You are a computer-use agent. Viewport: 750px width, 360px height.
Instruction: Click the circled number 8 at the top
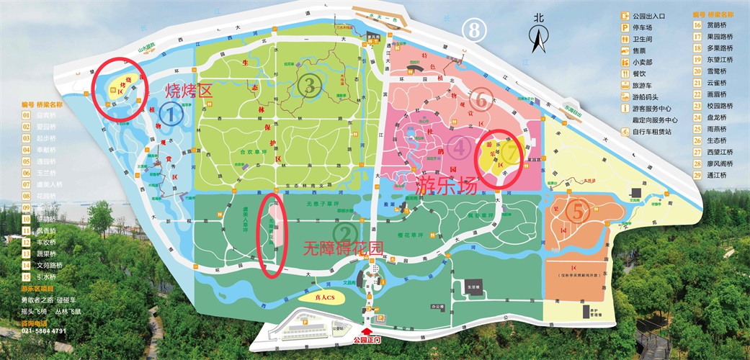tap(473, 30)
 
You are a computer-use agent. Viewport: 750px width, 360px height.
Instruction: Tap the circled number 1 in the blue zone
tap(170, 113)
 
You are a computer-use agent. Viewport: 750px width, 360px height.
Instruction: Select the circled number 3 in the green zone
tap(310, 86)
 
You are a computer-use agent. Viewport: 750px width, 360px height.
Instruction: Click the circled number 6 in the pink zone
tap(483, 102)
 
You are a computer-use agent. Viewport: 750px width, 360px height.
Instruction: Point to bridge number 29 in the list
tap(697, 174)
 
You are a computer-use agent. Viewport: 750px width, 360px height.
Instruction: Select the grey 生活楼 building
tap(474, 285)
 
